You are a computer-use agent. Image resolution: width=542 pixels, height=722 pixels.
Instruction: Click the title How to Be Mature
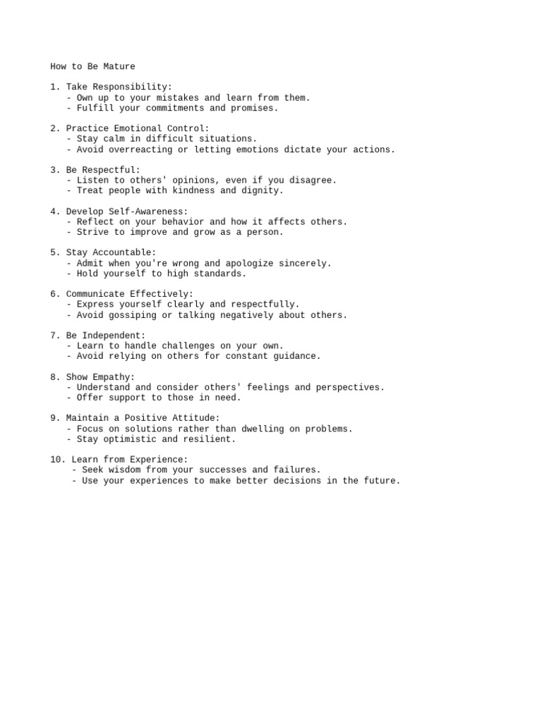click(92, 67)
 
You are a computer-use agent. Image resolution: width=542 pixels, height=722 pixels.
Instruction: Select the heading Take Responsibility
click(119, 87)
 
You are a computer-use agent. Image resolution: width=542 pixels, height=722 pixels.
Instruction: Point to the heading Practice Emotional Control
click(137, 129)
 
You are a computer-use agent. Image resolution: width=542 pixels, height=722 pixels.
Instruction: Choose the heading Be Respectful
click(103, 170)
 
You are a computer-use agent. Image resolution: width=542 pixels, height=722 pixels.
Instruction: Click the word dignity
click(263, 190)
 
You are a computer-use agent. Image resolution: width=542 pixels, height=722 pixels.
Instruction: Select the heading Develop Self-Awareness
click(127, 212)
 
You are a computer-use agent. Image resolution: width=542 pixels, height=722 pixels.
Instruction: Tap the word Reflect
click(95, 221)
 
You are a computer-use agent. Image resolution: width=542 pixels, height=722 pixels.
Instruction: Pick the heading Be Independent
click(106, 336)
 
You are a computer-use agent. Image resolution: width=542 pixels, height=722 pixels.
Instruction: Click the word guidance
click(297, 356)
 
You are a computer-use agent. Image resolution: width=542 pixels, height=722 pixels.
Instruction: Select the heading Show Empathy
click(100, 377)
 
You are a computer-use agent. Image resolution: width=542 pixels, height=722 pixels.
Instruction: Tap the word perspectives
click(350, 387)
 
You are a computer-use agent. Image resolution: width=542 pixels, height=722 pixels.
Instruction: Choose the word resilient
click(210, 439)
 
